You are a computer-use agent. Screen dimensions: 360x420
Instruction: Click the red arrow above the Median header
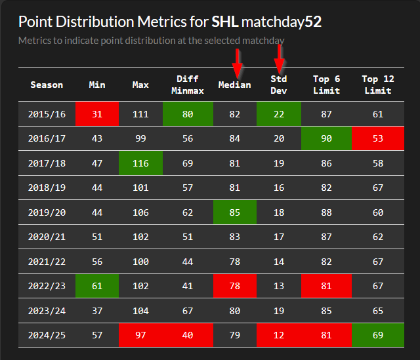pos(237,63)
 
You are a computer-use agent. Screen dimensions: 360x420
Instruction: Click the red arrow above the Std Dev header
pos(280,60)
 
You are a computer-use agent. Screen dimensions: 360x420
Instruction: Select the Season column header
pos(47,85)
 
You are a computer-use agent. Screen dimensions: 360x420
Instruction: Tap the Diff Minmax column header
pos(188,85)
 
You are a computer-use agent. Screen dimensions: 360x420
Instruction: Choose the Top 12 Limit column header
pos(379,85)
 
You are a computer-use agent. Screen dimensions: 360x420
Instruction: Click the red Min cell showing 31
pos(97,114)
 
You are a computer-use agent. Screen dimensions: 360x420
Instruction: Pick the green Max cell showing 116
pos(140,163)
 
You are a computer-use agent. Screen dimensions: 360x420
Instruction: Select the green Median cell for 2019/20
pos(234,212)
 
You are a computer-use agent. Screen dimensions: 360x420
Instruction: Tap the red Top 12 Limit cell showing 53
pos(379,138)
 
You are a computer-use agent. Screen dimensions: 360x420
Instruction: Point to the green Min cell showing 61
pos(97,286)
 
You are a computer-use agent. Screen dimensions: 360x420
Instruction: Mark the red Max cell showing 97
pos(140,335)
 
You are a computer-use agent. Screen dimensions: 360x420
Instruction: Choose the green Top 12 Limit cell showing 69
pos(379,335)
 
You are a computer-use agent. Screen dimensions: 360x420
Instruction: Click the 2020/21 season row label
pos(47,237)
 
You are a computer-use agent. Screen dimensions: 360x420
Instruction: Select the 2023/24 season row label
pos(47,311)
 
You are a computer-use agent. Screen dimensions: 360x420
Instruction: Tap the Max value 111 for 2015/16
pos(140,114)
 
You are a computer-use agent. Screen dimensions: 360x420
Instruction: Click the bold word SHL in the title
pos(224,22)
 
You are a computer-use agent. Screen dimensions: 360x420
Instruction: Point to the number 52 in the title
pos(313,22)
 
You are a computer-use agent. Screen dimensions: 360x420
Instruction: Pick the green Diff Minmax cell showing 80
pos(188,114)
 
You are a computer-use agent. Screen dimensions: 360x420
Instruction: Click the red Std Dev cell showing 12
pos(279,335)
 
